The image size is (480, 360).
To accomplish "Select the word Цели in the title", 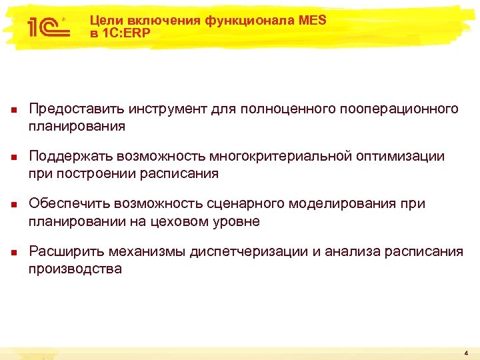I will (105, 21).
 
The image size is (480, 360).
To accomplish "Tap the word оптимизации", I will (400, 157).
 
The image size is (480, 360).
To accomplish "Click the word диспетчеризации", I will (249, 252).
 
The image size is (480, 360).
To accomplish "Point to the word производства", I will (75, 269).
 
